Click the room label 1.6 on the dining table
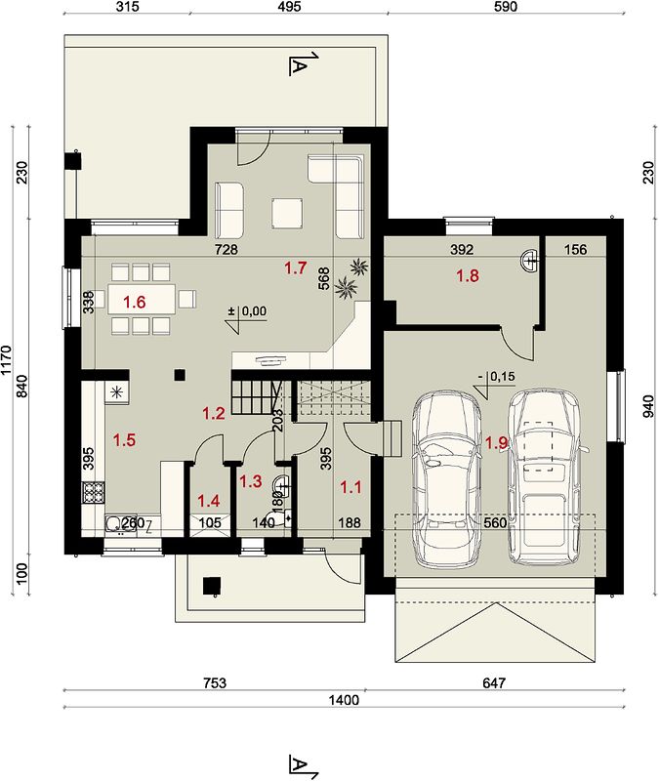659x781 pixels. [x=134, y=302]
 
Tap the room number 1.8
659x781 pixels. [x=468, y=275]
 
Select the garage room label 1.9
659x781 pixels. [x=496, y=442]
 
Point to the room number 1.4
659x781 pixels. [x=208, y=501]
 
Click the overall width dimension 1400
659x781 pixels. [x=344, y=700]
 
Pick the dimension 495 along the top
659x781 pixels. [x=289, y=7]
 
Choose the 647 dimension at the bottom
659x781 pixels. [x=494, y=682]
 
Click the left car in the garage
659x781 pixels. [x=447, y=478]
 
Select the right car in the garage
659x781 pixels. [x=545, y=476]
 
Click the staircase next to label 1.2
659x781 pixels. [x=256, y=396]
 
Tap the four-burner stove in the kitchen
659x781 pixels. [x=93, y=493]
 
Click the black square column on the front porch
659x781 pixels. [x=212, y=586]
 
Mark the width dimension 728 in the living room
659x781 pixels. [x=227, y=249]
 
